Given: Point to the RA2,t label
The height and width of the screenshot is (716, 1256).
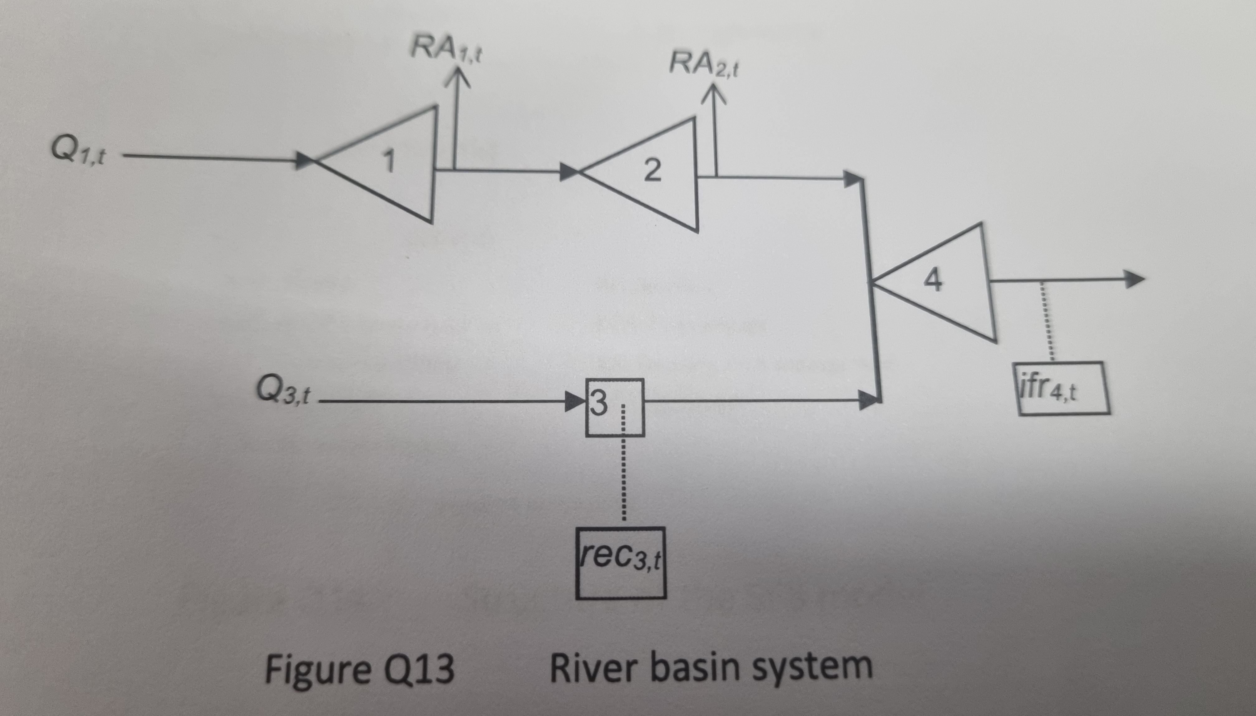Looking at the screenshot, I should click(x=703, y=65).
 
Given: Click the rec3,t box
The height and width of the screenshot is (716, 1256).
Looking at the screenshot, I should click(x=621, y=563).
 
